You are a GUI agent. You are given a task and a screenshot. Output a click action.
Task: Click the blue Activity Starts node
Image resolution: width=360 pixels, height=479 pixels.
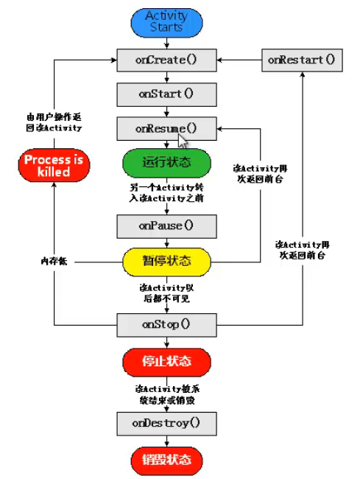(x=166, y=21)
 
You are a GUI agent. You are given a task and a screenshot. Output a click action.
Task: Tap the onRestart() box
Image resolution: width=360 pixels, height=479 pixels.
(x=301, y=60)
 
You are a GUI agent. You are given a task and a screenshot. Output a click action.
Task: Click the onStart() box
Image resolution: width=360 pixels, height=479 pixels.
(x=166, y=94)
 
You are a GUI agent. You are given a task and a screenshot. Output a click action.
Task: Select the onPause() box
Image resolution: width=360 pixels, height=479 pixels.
(x=166, y=225)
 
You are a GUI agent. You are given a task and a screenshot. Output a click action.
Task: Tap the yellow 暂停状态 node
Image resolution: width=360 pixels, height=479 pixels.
(x=166, y=260)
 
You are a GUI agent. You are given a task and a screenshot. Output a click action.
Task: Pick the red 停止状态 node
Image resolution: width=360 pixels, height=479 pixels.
(x=166, y=361)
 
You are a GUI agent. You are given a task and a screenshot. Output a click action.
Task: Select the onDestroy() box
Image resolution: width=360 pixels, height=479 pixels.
(x=166, y=423)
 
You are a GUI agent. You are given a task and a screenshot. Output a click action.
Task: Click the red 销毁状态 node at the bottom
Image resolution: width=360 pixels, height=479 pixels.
(x=166, y=460)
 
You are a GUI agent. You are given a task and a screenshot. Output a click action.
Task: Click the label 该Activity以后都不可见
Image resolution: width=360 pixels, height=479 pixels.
(x=166, y=292)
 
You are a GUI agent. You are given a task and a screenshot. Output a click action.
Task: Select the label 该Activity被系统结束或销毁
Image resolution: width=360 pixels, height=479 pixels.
(x=166, y=393)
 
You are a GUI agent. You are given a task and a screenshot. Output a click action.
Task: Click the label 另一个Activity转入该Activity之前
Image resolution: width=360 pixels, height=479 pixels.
(x=166, y=192)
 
